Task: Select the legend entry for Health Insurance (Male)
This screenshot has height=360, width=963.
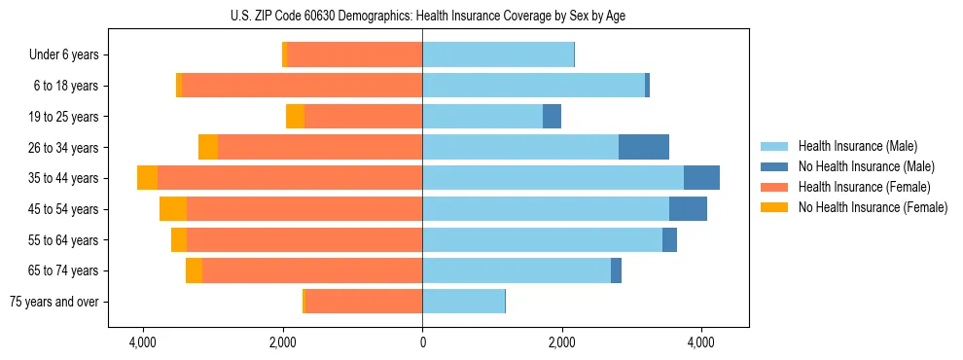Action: coord(852,146)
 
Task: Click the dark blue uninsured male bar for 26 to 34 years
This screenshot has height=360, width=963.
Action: coord(644,147)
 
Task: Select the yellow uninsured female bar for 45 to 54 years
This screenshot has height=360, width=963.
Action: coord(173,209)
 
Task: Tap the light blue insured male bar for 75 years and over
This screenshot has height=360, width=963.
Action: coord(463,302)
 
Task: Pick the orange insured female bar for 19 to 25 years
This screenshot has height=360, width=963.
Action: coord(363,117)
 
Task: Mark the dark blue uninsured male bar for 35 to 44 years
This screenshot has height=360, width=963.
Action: coord(701,178)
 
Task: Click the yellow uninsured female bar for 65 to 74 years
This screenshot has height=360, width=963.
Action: coord(194,270)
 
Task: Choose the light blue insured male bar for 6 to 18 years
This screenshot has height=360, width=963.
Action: coord(533,86)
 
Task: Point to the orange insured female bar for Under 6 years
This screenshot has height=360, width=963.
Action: coord(354,55)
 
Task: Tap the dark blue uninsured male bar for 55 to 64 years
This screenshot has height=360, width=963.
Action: coord(669,240)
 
